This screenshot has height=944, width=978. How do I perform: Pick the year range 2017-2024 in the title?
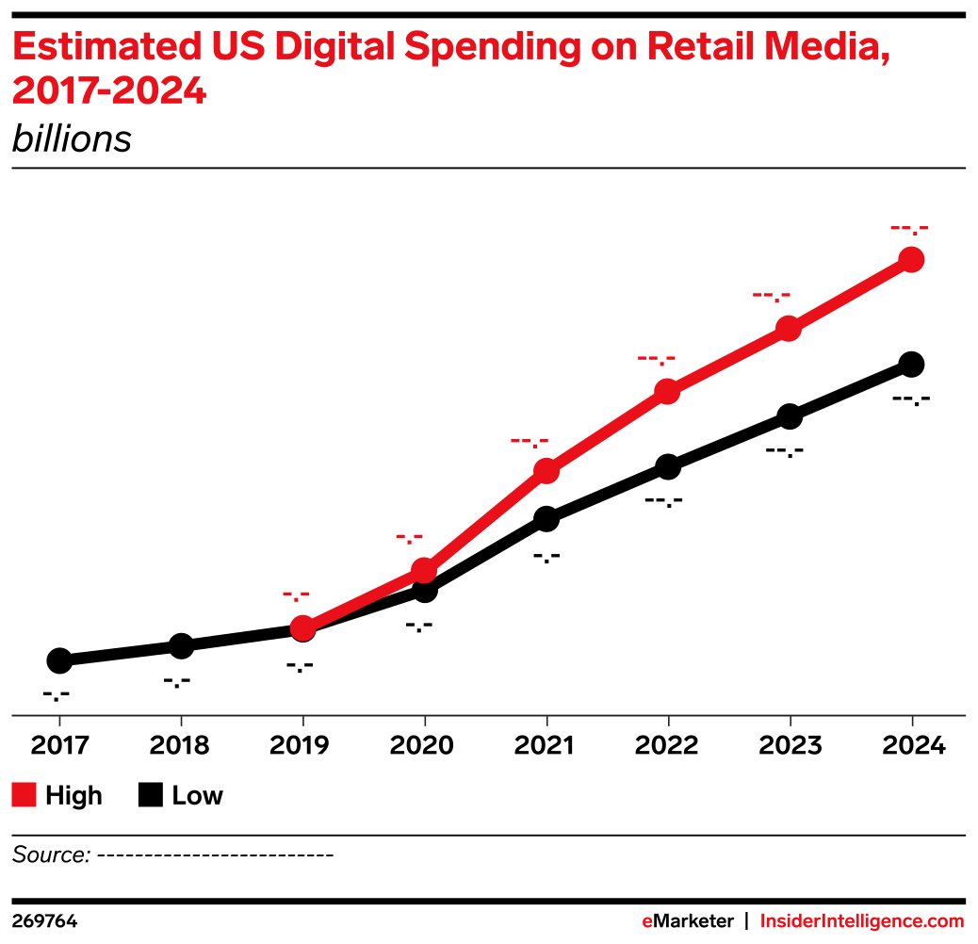[x=108, y=92]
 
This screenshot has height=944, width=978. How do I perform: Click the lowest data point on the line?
[x=302, y=627]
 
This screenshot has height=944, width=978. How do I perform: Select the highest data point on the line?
[x=911, y=259]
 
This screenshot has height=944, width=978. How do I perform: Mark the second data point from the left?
[x=425, y=570]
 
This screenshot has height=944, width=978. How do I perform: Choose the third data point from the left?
[x=546, y=470]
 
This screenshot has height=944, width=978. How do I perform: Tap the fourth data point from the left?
[x=667, y=391]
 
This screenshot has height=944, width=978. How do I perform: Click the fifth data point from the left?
[x=789, y=329]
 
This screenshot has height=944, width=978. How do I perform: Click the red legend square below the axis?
[x=24, y=795]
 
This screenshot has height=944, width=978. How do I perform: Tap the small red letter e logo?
[x=647, y=921]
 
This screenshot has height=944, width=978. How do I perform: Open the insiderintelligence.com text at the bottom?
[x=862, y=921]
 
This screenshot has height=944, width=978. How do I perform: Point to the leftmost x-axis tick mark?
[x=60, y=721]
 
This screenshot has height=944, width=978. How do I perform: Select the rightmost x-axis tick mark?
[x=912, y=721]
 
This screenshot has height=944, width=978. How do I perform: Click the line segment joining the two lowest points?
[x=364, y=598]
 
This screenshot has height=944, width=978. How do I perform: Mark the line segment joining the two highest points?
[x=850, y=294]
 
